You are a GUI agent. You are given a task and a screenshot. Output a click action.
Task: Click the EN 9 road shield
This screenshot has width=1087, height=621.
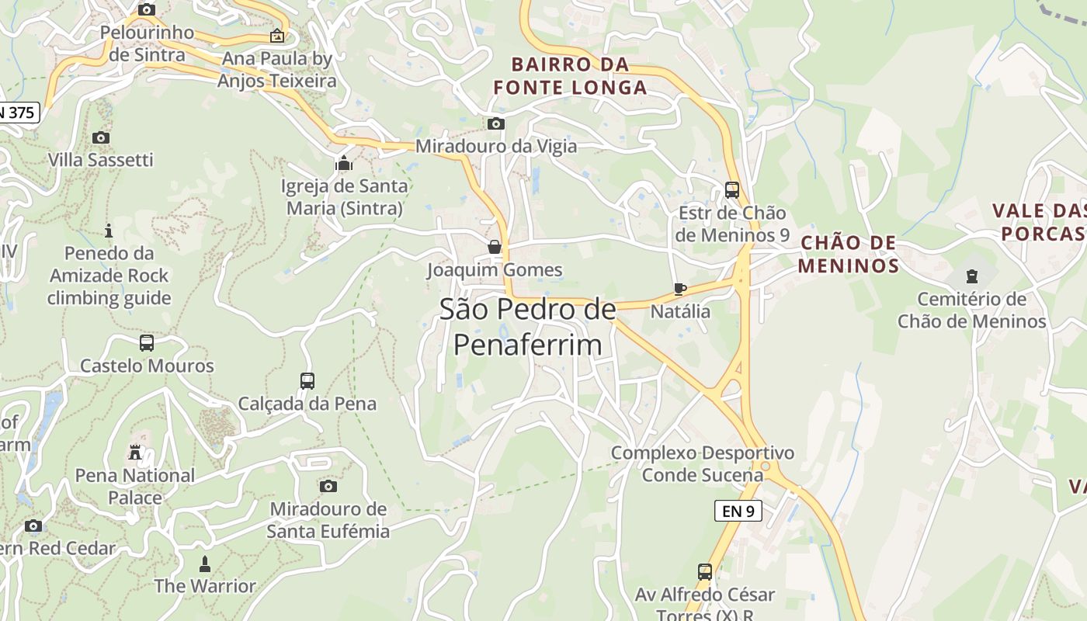(738, 511)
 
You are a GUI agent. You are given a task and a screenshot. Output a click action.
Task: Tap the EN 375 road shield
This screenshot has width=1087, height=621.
(17, 113)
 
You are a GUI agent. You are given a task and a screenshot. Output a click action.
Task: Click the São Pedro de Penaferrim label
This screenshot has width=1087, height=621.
(528, 327)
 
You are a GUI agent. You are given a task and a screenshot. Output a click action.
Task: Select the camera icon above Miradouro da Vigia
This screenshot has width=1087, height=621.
(495, 123)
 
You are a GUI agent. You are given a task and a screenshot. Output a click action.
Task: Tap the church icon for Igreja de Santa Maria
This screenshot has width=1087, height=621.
(344, 163)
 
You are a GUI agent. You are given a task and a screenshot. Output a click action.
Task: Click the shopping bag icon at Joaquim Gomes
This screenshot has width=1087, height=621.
(495, 247)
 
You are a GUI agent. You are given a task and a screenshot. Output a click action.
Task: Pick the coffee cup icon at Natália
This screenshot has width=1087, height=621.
(680, 289)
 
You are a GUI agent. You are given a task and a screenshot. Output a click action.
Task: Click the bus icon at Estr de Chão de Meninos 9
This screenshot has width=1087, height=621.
(731, 189)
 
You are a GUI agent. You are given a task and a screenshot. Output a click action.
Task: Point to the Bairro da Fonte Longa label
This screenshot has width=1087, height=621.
(570, 75)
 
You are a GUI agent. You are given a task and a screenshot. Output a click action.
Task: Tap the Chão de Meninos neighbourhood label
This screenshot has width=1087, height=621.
(849, 255)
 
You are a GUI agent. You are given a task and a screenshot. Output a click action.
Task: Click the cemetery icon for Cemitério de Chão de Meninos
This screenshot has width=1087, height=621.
(971, 276)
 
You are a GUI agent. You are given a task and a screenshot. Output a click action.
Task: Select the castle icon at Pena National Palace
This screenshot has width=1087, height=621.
(135, 452)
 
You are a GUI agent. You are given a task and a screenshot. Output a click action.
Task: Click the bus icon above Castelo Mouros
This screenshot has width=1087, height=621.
(147, 342)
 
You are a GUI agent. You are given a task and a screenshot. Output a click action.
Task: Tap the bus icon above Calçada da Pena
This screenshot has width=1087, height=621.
(307, 380)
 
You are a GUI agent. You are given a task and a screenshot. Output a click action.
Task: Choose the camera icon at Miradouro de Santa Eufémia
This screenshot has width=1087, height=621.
(328, 486)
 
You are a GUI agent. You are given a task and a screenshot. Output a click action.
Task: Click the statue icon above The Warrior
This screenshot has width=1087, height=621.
(205, 563)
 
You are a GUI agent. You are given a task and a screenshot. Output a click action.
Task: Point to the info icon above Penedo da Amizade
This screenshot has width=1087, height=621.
(109, 231)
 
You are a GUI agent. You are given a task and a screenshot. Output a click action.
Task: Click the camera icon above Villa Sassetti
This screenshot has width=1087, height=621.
(100, 137)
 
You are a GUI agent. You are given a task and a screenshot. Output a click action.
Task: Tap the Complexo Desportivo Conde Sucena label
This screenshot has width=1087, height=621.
(702, 463)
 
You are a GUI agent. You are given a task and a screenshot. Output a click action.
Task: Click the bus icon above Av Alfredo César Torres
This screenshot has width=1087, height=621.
(705, 572)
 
